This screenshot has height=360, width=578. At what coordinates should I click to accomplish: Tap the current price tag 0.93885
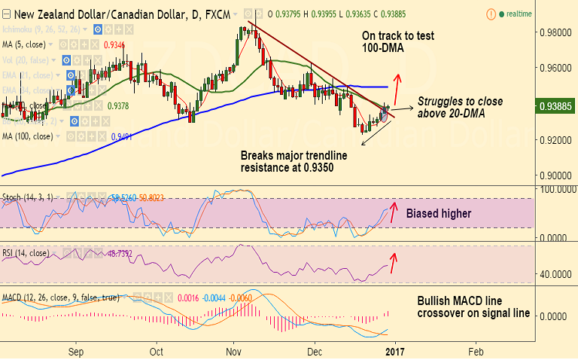tap(555, 107)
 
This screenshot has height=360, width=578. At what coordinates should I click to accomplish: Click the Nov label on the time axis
tap(233, 350)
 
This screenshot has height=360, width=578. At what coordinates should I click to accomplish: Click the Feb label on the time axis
tap(475, 350)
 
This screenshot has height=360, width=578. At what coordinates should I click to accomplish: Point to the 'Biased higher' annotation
tap(439, 213)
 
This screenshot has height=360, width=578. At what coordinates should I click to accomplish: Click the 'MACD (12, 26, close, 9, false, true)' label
tap(60, 297)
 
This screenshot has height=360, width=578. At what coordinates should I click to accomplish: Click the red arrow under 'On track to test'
tap(397, 87)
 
